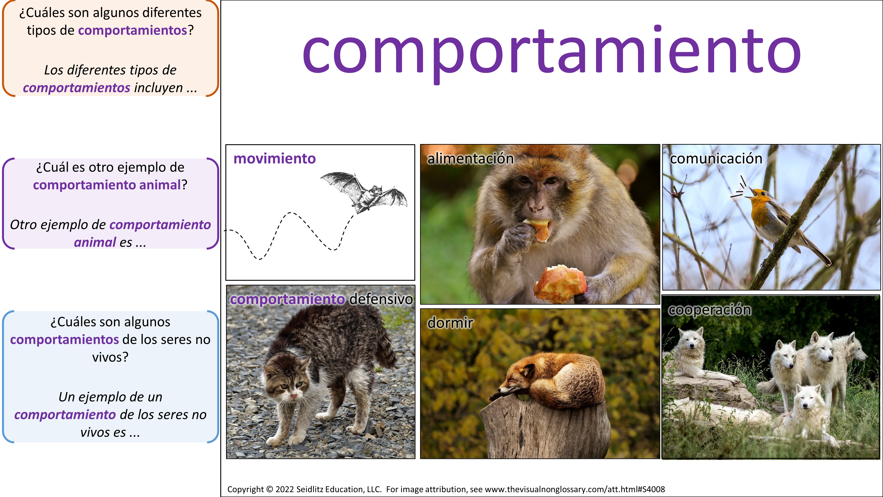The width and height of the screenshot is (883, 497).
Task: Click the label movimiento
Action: point(275,159)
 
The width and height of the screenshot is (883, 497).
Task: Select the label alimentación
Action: point(470,159)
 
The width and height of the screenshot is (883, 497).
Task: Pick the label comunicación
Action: point(716,159)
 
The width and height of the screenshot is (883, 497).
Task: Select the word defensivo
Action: point(381,299)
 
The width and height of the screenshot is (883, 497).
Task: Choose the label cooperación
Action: point(709,310)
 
